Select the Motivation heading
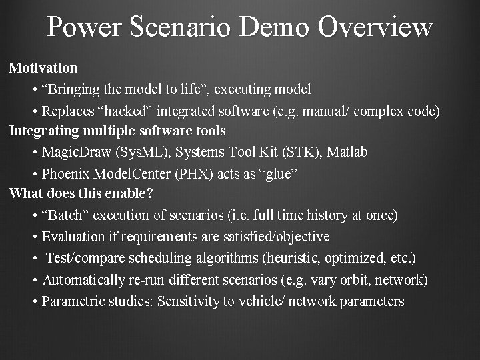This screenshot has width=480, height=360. click(x=43, y=67)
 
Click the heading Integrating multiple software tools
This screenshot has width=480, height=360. click(x=117, y=131)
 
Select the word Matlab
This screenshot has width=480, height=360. click(x=347, y=152)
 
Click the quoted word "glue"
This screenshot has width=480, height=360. click(x=278, y=173)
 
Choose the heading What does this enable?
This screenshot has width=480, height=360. click(x=81, y=194)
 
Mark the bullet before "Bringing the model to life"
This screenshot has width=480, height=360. click(x=35, y=89)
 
